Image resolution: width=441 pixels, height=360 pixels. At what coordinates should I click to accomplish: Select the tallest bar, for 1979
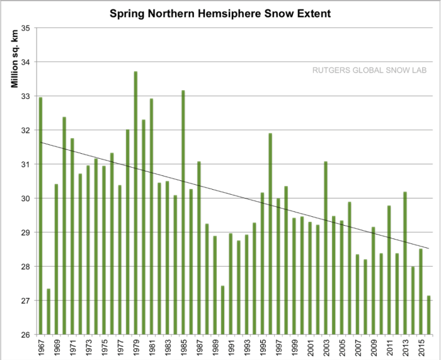135,202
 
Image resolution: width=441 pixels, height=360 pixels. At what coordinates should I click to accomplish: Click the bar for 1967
41,215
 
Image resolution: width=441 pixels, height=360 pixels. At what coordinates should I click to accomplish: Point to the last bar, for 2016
429,315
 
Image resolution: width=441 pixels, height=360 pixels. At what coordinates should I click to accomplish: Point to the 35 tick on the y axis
30,28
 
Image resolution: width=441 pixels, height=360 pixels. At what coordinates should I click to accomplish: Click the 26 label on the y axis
30,335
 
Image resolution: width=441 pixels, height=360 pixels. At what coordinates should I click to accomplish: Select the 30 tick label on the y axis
30,199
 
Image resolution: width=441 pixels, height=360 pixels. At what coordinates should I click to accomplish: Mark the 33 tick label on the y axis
30,96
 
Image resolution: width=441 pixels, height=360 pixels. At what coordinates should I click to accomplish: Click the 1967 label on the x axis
41,347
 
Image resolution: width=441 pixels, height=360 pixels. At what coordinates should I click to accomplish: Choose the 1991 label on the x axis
231,347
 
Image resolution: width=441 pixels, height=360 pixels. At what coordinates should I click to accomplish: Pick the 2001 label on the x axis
310,347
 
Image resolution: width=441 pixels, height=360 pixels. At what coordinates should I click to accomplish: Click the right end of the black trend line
429,248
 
